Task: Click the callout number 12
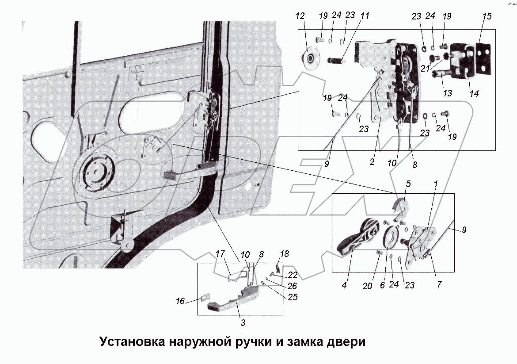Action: [x=300, y=16]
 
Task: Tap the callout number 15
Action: [x=487, y=16]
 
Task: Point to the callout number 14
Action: [x=475, y=94]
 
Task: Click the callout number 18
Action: [x=285, y=253]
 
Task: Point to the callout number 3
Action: [x=243, y=322]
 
